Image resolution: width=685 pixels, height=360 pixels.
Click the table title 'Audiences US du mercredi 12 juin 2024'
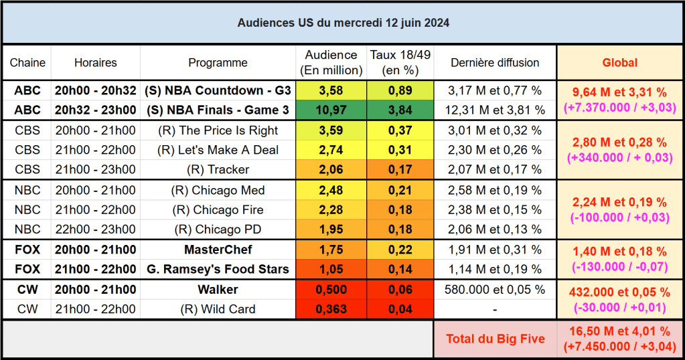coord(343,23)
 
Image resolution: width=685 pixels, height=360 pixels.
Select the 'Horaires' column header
coord(95,62)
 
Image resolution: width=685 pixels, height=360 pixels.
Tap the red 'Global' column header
coord(619,62)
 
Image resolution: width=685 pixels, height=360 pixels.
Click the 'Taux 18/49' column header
coord(400,62)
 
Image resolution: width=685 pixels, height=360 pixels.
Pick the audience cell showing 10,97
coord(331,110)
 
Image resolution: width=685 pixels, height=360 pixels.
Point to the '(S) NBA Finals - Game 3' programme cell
coord(218,110)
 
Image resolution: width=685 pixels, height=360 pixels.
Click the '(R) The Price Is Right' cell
coord(218,130)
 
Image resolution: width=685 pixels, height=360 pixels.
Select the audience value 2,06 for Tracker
coord(331,169)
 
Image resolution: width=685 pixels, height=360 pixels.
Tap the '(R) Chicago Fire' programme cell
coord(218,209)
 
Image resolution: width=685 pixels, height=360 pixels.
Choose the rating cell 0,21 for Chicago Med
coord(400,190)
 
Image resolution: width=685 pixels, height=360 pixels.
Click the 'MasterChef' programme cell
coord(218,250)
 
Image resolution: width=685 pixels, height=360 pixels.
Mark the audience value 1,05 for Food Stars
coord(331,270)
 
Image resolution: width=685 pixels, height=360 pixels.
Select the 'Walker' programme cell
coord(218,290)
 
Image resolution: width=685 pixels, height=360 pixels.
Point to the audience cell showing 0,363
coord(331,309)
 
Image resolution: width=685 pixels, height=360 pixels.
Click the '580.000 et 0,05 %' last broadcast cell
coord(494,290)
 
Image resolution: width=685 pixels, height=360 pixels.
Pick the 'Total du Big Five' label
coord(494,339)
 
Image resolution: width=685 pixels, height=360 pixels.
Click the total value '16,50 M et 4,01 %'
coord(619,332)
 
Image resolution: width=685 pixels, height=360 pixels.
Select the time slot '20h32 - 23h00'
coord(95,110)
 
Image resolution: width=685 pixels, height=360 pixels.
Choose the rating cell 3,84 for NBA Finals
coord(400,110)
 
